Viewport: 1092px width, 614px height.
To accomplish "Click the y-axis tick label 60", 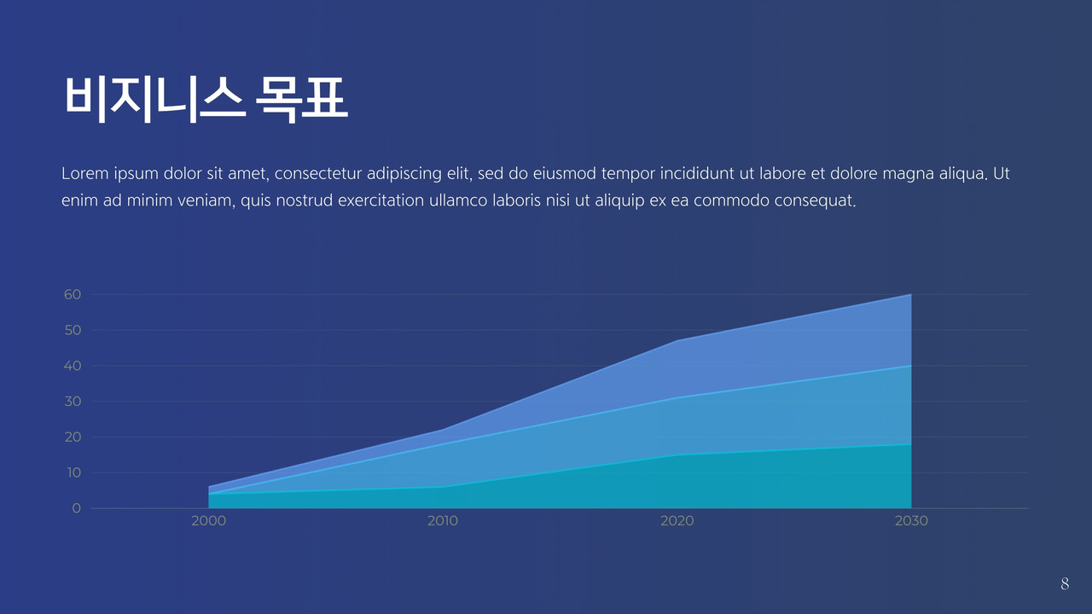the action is (x=73, y=294).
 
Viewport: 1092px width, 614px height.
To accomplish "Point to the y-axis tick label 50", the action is (x=73, y=330).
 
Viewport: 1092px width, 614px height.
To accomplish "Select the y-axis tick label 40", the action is (x=73, y=366).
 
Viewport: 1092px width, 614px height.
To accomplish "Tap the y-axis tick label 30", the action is (x=73, y=401).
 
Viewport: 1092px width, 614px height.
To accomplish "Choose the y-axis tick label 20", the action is (x=73, y=437).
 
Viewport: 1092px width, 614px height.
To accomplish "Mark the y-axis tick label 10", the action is (x=73, y=472).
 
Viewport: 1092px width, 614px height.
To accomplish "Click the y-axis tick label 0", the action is (x=76, y=508).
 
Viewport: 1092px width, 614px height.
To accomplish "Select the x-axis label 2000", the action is (x=209, y=521).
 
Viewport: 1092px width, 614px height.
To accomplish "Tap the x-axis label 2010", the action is (x=443, y=521).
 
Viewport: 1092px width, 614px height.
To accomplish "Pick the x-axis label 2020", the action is (x=677, y=521).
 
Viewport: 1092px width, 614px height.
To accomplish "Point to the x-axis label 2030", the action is (x=911, y=521).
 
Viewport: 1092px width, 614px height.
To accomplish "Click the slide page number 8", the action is (x=1065, y=583).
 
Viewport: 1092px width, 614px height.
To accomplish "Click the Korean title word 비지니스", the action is (x=154, y=99).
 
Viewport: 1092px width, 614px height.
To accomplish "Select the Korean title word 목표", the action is (x=302, y=99).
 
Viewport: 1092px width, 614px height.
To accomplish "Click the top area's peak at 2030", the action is (x=910, y=294).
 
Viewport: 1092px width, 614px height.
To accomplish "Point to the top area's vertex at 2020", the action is (x=677, y=340).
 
